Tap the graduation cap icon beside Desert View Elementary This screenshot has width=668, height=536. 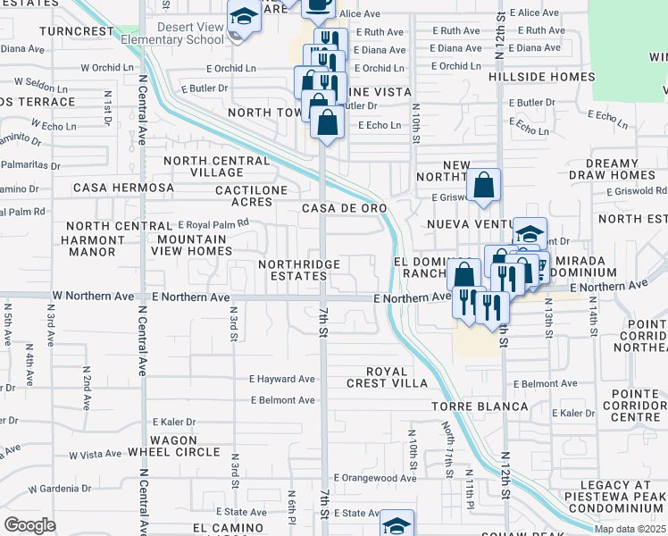[242, 18]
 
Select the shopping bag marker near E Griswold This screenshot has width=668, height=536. [483, 187]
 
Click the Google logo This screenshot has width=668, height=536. [29, 524]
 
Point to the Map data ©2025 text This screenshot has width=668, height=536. [630, 529]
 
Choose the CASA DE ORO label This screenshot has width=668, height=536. [344, 208]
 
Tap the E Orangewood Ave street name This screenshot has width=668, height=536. [374, 478]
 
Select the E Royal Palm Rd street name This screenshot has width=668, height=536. [213, 225]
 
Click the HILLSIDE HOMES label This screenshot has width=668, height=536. [541, 77]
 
